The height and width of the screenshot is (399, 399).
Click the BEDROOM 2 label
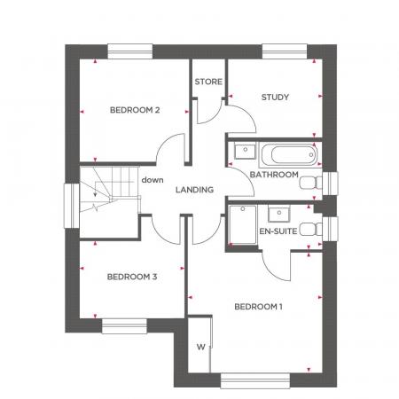[x=134, y=111]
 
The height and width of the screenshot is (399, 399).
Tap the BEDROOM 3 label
[x=131, y=278]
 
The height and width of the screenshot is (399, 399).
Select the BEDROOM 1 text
[x=257, y=307]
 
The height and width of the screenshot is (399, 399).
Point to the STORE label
[x=208, y=82]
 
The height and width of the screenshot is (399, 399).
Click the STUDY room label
[x=276, y=97]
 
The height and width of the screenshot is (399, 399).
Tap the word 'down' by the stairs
[x=153, y=180]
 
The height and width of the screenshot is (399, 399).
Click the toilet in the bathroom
[x=309, y=184]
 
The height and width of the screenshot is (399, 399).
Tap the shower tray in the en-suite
[x=241, y=227]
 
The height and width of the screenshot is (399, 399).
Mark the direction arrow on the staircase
[x=92, y=197]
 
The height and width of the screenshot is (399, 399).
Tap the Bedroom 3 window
[x=123, y=326]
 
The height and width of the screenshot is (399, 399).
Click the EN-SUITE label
[x=277, y=231]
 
